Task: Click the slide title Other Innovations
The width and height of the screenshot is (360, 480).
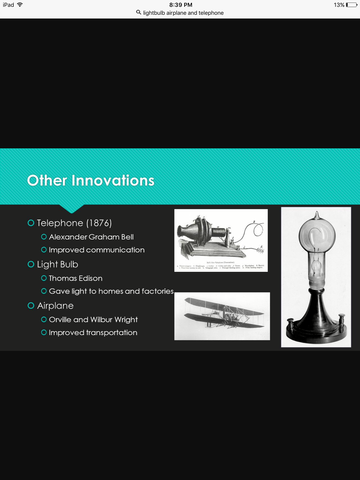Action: tap(91, 181)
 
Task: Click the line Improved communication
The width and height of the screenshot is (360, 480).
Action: tap(97, 249)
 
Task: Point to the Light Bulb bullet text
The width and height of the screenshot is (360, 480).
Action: tap(63, 263)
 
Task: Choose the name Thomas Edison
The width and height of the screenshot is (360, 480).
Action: tap(77, 277)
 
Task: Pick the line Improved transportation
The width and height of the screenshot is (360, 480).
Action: tap(93, 332)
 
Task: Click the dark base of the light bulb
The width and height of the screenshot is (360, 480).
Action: tap(315, 327)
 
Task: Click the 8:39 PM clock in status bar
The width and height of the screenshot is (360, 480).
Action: tap(181, 5)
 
